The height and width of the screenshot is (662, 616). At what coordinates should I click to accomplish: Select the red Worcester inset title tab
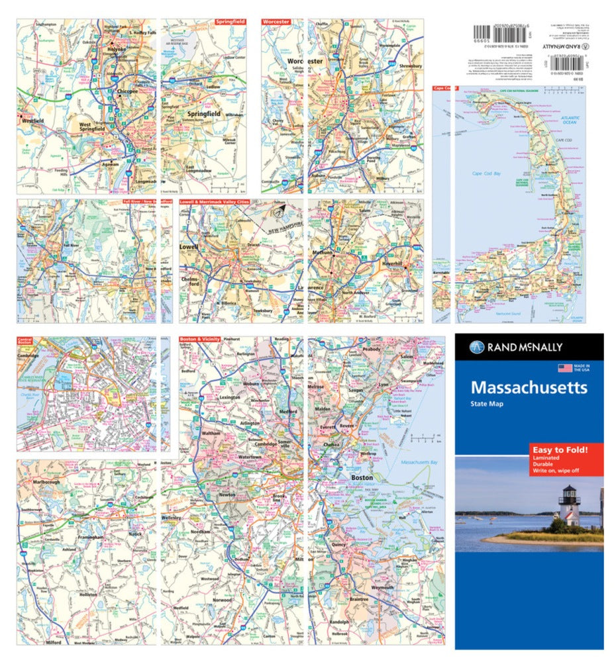tap(276, 22)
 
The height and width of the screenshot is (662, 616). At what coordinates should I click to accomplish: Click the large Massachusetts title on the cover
tap(529, 387)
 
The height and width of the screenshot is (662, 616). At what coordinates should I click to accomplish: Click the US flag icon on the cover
tap(565, 368)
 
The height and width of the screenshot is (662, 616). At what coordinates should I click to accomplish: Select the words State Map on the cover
tap(487, 404)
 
